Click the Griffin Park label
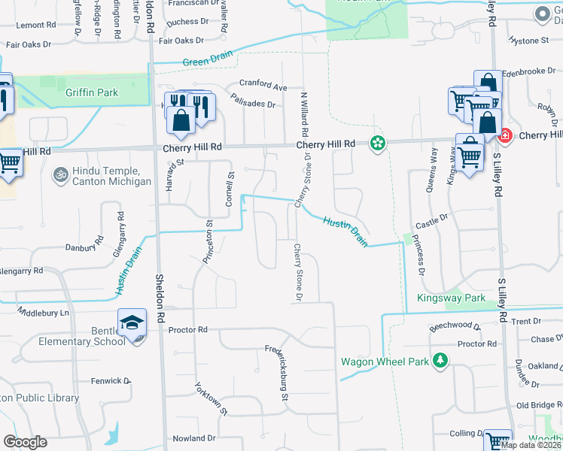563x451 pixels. (92, 93)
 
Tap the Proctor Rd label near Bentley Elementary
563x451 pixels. (187, 330)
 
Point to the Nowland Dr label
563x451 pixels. (193, 438)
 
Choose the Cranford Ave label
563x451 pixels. (263, 86)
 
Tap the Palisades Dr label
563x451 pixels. (253, 100)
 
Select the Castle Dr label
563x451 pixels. (432, 220)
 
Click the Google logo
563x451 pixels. (26, 442)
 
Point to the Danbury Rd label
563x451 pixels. (83, 245)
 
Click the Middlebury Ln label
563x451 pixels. (43, 312)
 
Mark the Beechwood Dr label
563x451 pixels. (455, 326)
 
